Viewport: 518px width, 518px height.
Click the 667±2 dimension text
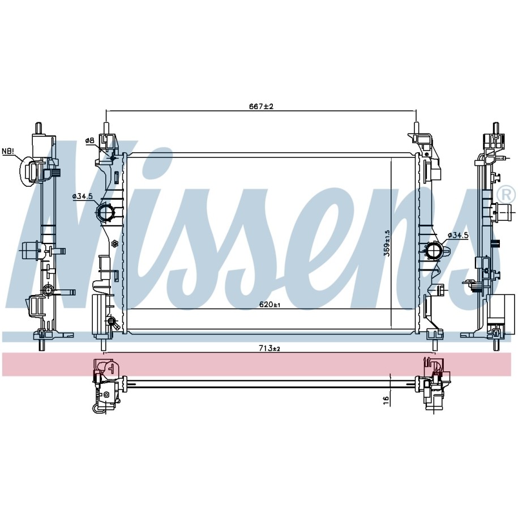[x=261, y=106]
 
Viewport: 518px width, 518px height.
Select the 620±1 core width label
[x=269, y=305]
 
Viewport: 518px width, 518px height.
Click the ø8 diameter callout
[x=90, y=141]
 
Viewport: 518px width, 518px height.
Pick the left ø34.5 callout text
[x=82, y=196]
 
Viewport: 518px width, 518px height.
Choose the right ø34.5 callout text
[x=458, y=235]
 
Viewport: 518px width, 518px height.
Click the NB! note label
[x=8, y=151]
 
